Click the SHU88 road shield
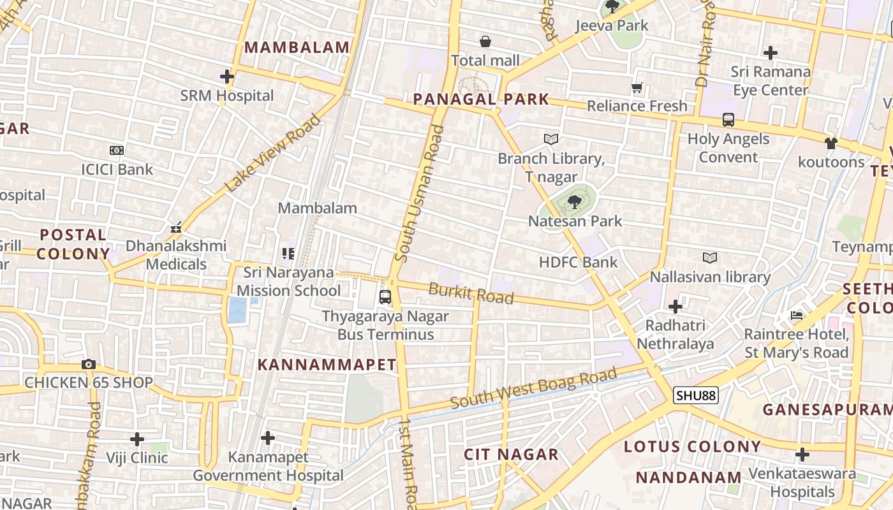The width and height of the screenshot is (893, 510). tap(696, 395)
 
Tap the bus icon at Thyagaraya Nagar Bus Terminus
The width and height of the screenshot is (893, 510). tap(385, 296)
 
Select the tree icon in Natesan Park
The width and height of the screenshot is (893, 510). tap(574, 202)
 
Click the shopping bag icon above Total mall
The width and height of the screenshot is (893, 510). tap(485, 42)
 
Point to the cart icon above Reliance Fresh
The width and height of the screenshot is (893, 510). tap(637, 87)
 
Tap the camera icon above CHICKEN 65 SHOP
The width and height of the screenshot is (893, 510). tap(89, 365)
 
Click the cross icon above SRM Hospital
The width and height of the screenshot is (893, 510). tap(226, 77)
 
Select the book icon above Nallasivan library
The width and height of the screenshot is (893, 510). tap(710, 258)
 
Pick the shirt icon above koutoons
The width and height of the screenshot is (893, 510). tap(830, 143)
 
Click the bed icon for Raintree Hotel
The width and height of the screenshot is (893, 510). tap(796, 315)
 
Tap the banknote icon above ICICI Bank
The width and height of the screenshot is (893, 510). tap(116, 150)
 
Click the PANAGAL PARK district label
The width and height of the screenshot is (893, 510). tap(481, 99)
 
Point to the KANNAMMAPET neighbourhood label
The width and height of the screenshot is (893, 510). tap(327, 365)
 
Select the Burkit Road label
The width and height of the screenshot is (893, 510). tap(471, 294)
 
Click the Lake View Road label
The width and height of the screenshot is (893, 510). tap(273, 153)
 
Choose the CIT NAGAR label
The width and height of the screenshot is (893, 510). tap(511, 455)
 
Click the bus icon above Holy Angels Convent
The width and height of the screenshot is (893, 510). tap(728, 119)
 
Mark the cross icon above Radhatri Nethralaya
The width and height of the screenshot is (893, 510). tap(675, 307)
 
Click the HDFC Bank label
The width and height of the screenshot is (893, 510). tap(578, 262)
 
